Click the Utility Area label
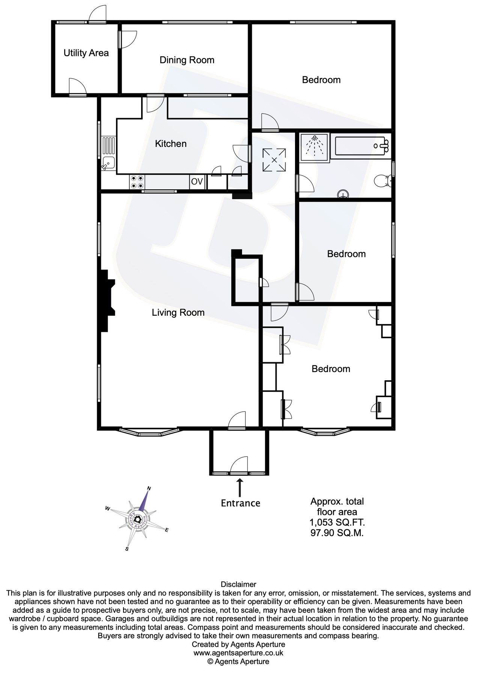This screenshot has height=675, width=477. pos(86,53)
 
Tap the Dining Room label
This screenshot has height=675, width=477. pos(187,60)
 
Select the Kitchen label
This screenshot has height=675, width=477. pos(171,144)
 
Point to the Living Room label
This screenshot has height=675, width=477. pos(178,312)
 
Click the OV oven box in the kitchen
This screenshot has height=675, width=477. pos(197,182)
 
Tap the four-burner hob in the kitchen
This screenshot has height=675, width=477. pos(137,182)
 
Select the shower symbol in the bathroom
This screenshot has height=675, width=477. pos(314,146)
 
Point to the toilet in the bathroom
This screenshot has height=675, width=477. pos(383,181)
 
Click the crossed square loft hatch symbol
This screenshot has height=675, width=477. pos(274,160)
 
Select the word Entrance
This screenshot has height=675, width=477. pos(240,503)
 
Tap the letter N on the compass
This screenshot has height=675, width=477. pos(149,488)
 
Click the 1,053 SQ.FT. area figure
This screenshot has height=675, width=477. pos(337,522)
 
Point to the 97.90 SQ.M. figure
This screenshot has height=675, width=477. pos(337,533)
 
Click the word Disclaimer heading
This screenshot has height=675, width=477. pos(238,584)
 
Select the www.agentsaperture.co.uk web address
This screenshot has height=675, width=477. pos(238,653)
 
